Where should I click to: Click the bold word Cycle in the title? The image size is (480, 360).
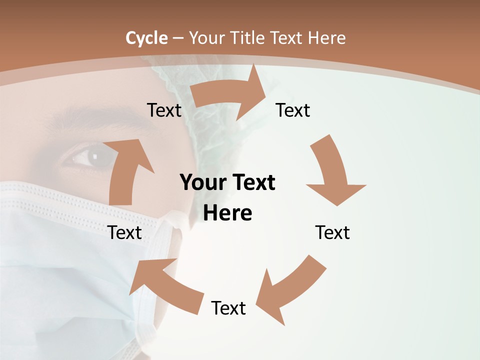(x=146, y=38)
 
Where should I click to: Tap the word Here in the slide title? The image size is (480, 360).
(x=327, y=38)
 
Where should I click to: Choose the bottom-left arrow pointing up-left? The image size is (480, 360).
(x=165, y=285)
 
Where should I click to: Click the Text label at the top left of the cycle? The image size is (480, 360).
(x=164, y=110)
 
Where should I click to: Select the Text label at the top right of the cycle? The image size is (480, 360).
(x=293, y=110)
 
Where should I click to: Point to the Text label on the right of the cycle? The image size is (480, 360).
(x=332, y=232)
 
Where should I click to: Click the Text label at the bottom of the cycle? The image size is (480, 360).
(x=228, y=308)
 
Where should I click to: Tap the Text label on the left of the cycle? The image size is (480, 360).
(x=124, y=232)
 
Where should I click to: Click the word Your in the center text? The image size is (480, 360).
(x=200, y=183)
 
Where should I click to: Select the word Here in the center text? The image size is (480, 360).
(x=227, y=213)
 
